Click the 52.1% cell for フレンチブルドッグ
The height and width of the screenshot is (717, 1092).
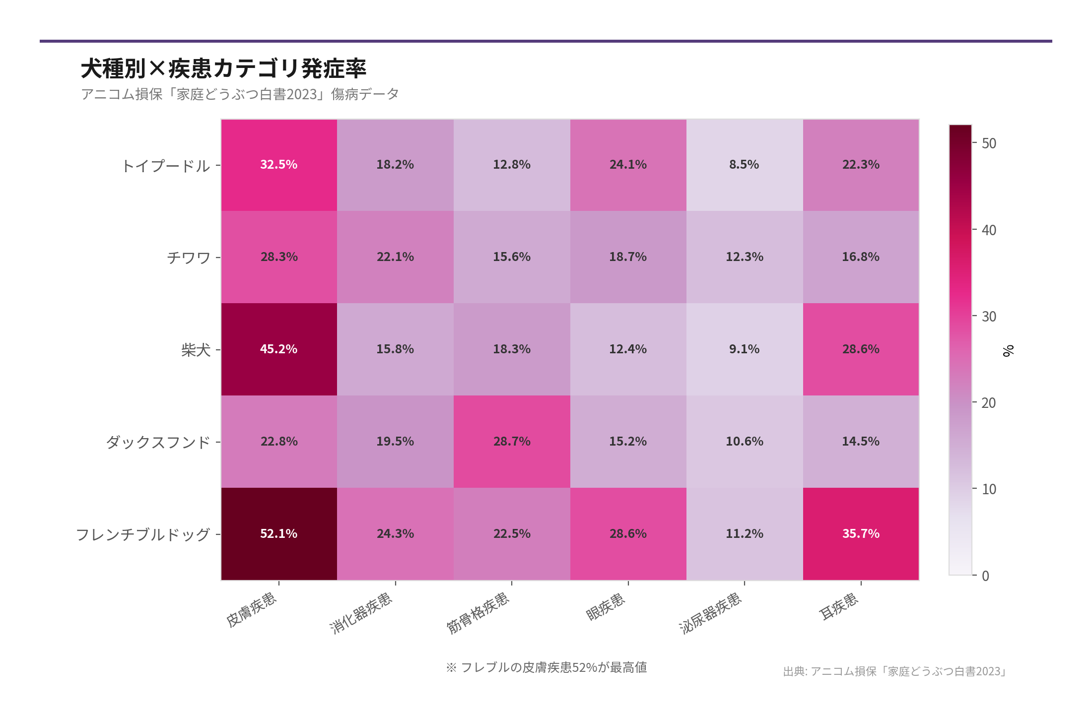point(279,534)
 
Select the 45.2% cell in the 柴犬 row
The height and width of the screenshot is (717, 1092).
point(279,349)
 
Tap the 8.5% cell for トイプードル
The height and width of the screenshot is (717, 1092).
point(744,165)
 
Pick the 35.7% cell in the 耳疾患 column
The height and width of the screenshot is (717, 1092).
point(861,534)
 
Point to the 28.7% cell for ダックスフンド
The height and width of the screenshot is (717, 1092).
point(512,442)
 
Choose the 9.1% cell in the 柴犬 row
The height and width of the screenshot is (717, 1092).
point(744,349)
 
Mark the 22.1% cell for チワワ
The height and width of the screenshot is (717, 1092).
point(395,257)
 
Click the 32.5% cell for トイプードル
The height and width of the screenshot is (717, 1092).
point(279,165)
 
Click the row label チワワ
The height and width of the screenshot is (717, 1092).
point(189,258)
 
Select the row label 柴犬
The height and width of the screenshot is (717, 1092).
point(196,350)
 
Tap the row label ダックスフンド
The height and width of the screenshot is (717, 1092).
point(158,442)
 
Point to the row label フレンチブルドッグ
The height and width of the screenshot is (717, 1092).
point(143,534)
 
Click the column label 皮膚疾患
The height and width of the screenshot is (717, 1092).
point(251,610)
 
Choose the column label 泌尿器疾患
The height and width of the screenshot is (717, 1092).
point(710,613)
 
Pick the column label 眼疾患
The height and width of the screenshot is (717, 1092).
point(605,607)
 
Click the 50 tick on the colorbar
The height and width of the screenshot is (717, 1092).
point(989,143)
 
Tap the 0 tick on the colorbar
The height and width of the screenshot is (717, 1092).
point(985,576)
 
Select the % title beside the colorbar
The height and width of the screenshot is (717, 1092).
point(1008,351)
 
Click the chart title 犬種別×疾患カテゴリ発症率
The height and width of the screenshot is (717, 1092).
point(223,68)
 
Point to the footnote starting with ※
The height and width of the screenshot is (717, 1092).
point(546,667)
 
